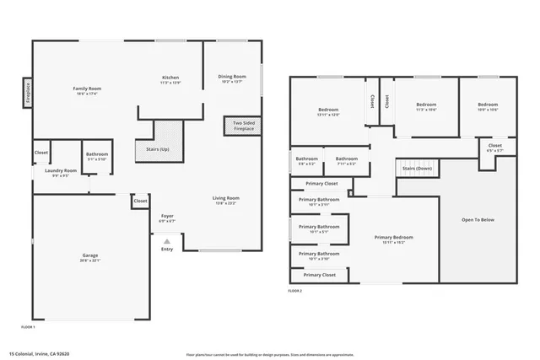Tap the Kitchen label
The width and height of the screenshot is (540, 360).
170,79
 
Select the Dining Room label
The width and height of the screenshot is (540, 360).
231,78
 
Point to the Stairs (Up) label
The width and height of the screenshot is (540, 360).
158,150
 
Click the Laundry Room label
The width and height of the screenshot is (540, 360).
60,171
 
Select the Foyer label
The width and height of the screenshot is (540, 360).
167,218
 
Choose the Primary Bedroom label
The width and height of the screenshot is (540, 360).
394,238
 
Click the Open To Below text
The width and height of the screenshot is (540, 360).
478,219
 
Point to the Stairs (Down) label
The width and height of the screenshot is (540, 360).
416,169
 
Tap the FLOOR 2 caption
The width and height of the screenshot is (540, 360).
294,291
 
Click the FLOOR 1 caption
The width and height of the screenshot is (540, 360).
28,326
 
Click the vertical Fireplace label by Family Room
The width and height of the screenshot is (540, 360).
27,93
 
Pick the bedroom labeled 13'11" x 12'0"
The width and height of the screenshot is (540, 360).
328,111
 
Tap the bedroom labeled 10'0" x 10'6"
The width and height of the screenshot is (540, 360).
487,107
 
